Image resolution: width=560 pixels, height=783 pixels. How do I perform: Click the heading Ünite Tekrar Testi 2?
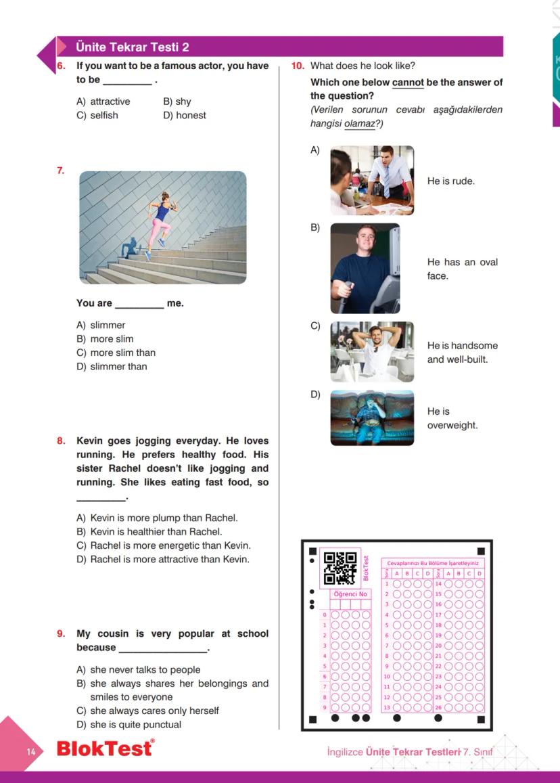pyautogui.click(x=133, y=47)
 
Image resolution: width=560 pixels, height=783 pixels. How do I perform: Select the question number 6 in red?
pyautogui.click(x=60, y=66)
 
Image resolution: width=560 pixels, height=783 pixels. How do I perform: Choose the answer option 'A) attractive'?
pyautogui.click(x=103, y=102)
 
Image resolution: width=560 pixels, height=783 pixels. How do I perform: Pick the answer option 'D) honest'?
pyautogui.click(x=185, y=116)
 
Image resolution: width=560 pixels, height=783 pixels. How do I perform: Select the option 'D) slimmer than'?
pyautogui.click(x=112, y=367)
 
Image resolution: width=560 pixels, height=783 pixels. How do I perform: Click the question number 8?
pyautogui.click(x=61, y=441)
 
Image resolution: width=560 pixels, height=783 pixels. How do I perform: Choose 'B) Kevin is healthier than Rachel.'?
pyautogui.click(x=149, y=532)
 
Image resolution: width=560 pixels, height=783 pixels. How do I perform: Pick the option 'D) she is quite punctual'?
pyautogui.click(x=129, y=725)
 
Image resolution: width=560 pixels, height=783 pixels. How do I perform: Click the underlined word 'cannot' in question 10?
pyautogui.click(x=408, y=83)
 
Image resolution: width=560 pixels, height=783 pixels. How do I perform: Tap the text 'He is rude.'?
pyautogui.click(x=451, y=181)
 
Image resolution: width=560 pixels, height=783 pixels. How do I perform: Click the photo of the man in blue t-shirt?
pyautogui.click(x=365, y=268)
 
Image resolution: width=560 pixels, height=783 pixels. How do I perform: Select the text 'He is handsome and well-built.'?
pyautogui.click(x=462, y=353)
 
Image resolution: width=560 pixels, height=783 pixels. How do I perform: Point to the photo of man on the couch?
pyautogui.click(x=372, y=418)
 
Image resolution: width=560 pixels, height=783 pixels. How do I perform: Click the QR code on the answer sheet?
pyautogui.click(x=340, y=568)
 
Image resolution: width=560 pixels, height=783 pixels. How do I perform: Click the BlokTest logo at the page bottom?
pyautogui.click(x=105, y=748)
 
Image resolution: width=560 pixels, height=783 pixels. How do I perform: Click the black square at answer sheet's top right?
pyautogui.click(x=481, y=551)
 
